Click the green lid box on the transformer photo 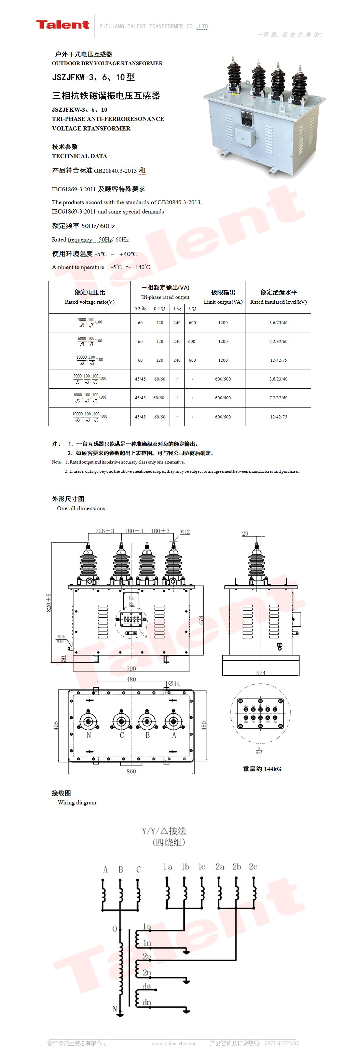tap(245, 137)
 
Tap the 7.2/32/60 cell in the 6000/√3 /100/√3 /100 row tap(278, 341)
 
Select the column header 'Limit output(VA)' tap(223, 301)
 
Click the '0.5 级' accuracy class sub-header tap(160, 308)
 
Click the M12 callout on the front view tap(185, 532)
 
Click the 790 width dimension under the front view tap(131, 669)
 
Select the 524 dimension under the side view tap(261, 673)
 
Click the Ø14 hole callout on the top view tap(174, 683)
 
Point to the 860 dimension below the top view tap(131, 771)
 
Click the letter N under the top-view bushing tap(89, 735)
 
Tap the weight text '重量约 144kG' tap(262, 769)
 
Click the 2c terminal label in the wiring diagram tap(253, 867)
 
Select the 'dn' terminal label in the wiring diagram tap(147, 1002)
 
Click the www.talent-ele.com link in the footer tap(173, 1044)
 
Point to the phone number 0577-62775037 tap(282, 1044)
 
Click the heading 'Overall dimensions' tap(81, 508)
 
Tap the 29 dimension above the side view tap(245, 534)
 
